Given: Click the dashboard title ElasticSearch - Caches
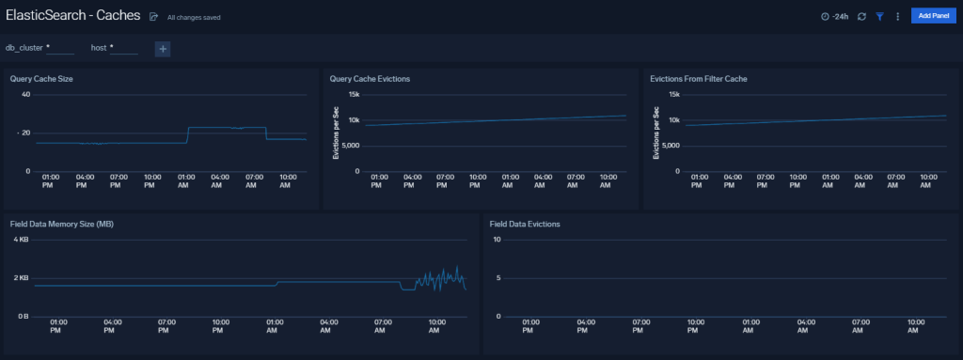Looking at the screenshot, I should click(x=72, y=16).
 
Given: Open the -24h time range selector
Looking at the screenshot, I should click(x=834, y=16).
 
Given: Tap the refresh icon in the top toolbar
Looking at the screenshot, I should click(x=861, y=16).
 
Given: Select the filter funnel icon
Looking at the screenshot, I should click(x=880, y=16).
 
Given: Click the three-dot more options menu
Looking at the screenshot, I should click(x=898, y=16).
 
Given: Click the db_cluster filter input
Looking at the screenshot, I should click(x=60, y=48).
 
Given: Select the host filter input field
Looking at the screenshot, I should click(x=124, y=48).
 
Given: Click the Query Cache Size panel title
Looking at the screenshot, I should click(x=41, y=79).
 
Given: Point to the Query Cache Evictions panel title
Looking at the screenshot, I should click(x=370, y=79).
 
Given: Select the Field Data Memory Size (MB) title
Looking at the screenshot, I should click(x=68, y=225).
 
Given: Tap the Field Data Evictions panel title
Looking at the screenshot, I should click(x=525, y=225).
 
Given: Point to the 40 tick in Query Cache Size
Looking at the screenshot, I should click(x=25, y=94).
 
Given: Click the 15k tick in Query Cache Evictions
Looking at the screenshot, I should click(x=355, y=94).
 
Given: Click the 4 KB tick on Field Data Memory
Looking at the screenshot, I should click(x=23, y=240).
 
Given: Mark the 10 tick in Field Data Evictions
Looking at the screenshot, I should click(x=497, y=240).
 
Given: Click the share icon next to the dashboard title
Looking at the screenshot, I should click(x=153, y=17).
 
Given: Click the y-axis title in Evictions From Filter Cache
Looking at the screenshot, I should click(x=655, y=133).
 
